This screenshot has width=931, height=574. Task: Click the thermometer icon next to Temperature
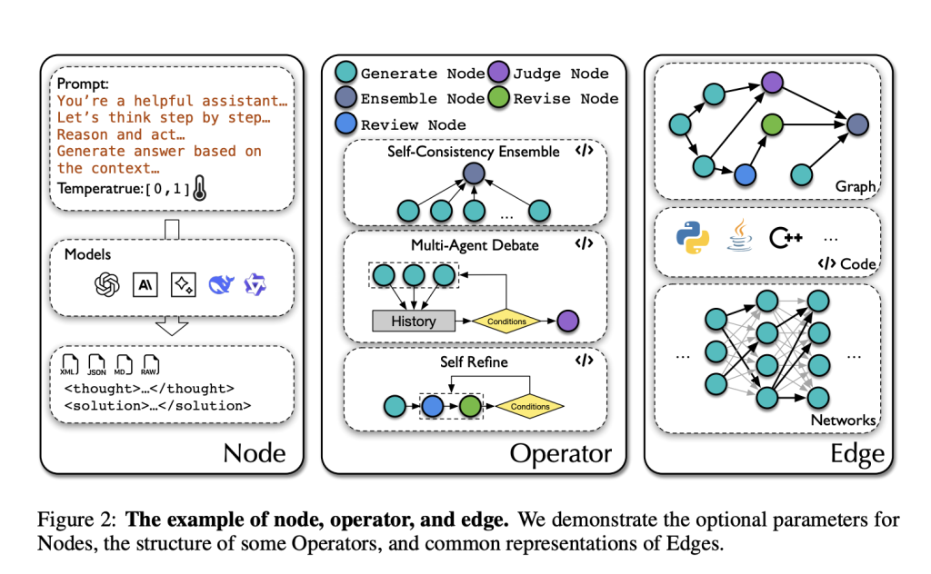coord(201,189)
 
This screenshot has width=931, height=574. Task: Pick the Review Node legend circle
coord(345,124)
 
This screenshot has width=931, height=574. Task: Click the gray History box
coord(413,321)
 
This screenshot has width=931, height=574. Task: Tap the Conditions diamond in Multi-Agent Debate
coord(506,321)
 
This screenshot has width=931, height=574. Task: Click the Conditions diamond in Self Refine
coord(529,406)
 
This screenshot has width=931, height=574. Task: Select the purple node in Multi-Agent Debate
coord(568,321)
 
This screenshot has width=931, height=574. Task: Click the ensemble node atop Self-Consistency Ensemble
coord(471,172)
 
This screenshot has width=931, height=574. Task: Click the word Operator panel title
coord(560,452)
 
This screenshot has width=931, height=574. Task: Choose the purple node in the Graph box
coord(772,84)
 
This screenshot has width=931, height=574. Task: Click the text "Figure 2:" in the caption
coord(76,520)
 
